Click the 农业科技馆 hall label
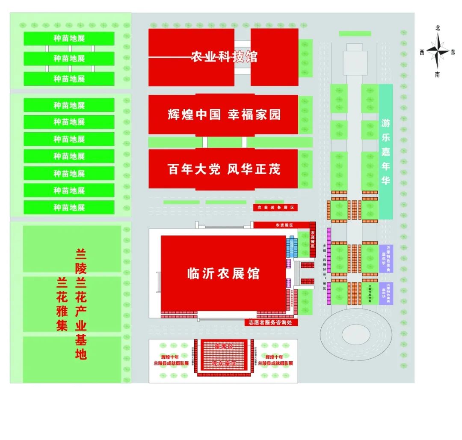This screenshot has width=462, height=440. point(224,56)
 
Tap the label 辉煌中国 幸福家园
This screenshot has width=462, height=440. point(224,114)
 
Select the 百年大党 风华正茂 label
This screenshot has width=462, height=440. point(224,169)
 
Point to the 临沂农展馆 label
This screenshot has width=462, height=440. point(223,273)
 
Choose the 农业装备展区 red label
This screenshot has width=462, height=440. point(275,208)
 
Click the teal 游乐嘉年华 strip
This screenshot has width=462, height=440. point(386,152)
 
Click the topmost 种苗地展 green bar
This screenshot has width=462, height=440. point(69,38)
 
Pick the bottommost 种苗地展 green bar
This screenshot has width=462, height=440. point(69,208)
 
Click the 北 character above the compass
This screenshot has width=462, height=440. point(438,28)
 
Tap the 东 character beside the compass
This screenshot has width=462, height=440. point(453,52)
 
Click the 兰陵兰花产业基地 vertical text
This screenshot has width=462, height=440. point(81,304)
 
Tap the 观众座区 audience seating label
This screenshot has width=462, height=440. point(224,364)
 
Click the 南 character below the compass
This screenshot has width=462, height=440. point(438,75)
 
